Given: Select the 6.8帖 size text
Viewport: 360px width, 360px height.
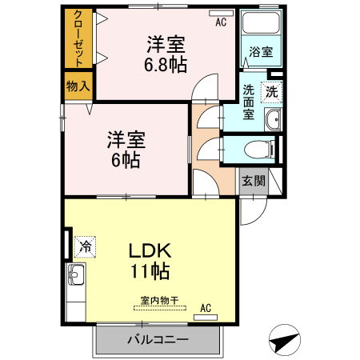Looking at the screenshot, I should tap(166, 66).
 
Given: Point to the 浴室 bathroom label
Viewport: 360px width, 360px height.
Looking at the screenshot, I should tap(260, 53).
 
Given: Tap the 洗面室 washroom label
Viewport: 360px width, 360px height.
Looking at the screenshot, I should tap(249, 102).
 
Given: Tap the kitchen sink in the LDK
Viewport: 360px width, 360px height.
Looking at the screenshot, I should tap(77, 278).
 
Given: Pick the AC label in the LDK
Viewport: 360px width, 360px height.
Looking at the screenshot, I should tap(206, 307).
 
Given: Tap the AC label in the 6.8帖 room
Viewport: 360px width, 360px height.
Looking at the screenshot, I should tap(221, 23).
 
